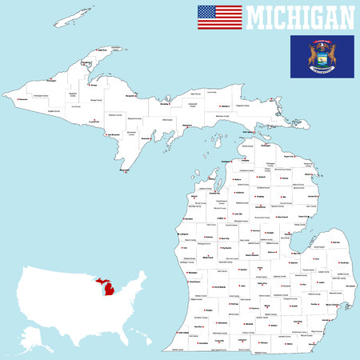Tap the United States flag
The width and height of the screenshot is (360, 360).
click(219, 17)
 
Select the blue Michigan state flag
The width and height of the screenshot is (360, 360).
click(322, 56)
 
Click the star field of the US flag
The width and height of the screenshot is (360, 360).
click(206, 12)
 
